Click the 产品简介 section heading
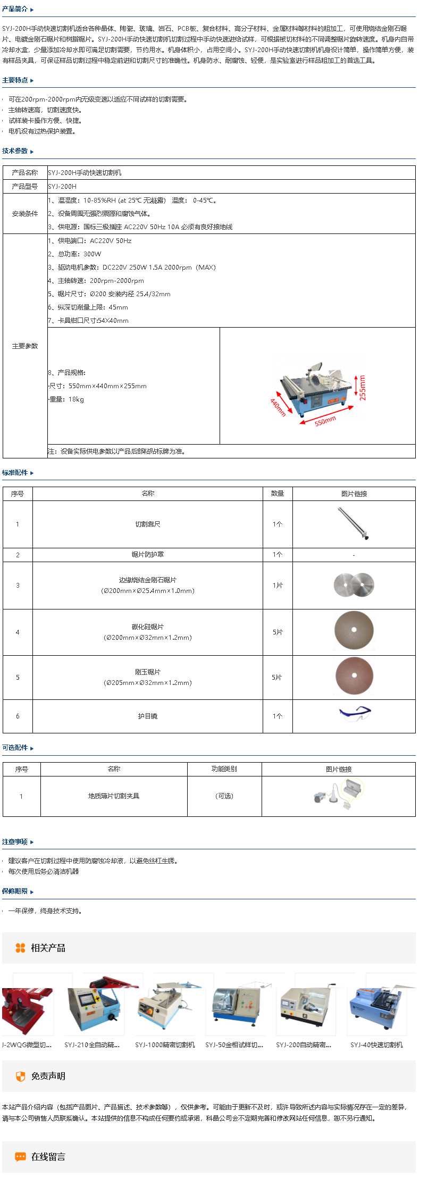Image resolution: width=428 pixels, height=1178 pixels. [15, 9]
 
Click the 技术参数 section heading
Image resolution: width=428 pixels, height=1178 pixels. [15, 151]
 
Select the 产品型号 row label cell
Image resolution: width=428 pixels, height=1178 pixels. [25, 187]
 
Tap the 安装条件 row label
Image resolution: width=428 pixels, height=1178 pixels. [25, 214]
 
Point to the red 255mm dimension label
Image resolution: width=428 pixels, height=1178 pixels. [363, 387]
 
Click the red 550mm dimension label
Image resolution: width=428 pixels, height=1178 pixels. [325, 421]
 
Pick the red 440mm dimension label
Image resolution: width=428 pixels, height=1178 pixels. [278, 407]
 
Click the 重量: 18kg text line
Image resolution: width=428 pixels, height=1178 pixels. [66, 399]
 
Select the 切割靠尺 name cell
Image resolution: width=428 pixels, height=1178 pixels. [148, 524]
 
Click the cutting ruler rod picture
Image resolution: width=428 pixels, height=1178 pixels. [353, 523]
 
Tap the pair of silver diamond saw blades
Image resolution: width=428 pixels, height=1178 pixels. [354, 585]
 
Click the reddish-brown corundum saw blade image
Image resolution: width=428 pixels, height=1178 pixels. [354, 676]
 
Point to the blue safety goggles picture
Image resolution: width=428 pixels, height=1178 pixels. [355, 713]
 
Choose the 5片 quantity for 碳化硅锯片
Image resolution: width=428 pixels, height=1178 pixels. [278, 632]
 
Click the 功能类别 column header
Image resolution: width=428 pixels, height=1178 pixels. [224, 769]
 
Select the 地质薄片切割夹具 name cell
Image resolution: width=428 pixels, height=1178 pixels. [114, 796]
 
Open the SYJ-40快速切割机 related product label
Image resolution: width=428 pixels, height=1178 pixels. [376, 1045]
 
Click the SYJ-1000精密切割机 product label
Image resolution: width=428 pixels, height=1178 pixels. [165, 1045]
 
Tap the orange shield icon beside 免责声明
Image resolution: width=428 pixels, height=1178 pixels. [21, 1076]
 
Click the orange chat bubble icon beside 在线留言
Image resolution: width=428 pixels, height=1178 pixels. [21, 1157]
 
